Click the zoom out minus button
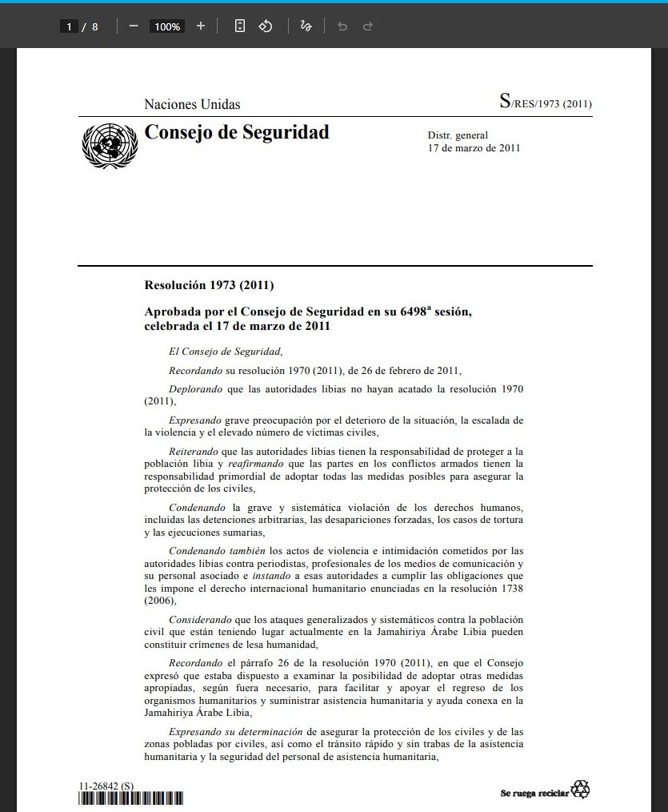[133, 26]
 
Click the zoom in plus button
[200, 26]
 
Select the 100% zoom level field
[167, 26]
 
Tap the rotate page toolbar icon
[266, 26]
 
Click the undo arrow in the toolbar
[342, 26]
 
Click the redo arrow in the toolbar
[368, 26]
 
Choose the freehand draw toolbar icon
[305, 26]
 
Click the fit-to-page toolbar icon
[239, 26]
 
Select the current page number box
[70, 26]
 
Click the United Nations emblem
[110, 146]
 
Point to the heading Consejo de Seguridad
[236, 132]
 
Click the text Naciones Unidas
[192, 104]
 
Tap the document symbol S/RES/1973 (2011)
[546, 103]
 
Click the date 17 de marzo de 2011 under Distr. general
[474, 148]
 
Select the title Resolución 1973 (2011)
[209, 285]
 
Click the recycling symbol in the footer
[580, 790]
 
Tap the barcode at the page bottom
[130, 798]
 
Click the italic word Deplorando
[196, 388]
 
